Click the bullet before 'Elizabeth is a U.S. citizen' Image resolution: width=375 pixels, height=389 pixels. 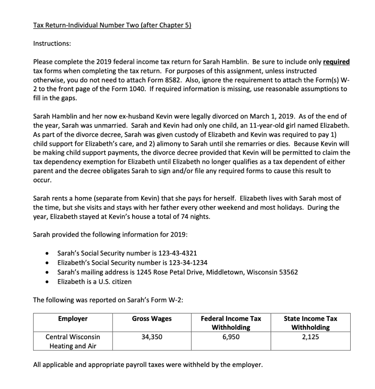[46, 282]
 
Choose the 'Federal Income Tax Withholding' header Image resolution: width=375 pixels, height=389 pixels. [231, 323]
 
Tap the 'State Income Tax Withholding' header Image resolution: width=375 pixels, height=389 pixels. [310, 323]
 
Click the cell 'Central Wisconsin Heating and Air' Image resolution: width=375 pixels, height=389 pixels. [73, 342]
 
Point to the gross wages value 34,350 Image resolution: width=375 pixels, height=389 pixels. [152, 337]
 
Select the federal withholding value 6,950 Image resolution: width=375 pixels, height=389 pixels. [231, 337]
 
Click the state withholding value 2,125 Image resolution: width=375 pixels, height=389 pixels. [310, 337]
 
